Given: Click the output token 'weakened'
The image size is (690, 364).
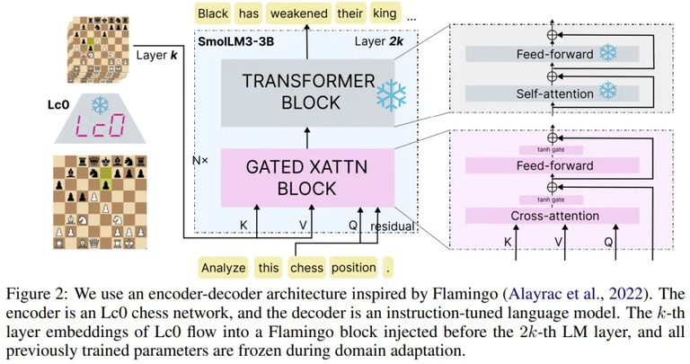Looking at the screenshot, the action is pos(299,13).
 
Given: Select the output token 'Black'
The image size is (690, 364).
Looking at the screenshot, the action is pos(213,13).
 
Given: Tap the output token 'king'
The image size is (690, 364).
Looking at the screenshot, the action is pos(385,13).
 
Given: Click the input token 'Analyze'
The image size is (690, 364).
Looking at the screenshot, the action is pos(223,268).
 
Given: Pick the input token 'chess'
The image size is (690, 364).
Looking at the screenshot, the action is pos(306,268).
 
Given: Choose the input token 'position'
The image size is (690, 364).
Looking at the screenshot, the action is pos(354,268).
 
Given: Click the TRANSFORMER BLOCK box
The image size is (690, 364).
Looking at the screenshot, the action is pos(307,93).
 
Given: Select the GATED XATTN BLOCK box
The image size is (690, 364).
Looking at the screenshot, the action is pos(307,178).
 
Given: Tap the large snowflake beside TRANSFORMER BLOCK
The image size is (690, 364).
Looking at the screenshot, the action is pos(391,95).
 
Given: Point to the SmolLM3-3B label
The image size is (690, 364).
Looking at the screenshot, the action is pos(236,41).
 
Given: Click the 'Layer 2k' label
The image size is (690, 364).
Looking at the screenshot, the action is pos(379,41).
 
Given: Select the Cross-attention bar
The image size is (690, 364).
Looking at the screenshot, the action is pos(553,216).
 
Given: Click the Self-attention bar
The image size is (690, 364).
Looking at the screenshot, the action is pos(553,93).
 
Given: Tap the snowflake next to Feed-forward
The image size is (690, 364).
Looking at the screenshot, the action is pos(607,53).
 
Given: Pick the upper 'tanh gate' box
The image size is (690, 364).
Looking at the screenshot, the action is pos(551,150).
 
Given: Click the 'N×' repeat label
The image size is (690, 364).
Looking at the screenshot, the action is pos(200,161).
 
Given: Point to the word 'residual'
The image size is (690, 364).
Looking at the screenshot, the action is pos(393,226).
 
